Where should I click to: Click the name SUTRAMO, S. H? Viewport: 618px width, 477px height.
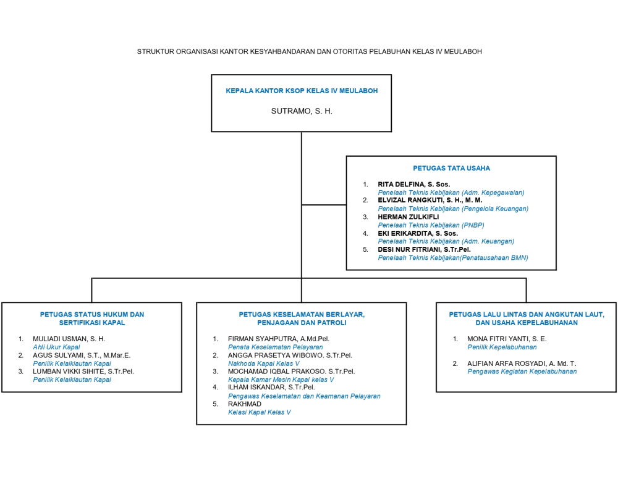tap(302, 111)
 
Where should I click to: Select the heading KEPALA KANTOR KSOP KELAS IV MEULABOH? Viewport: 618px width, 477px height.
tap(302, 91)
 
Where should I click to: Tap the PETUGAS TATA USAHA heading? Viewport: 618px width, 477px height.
tap(451, 168)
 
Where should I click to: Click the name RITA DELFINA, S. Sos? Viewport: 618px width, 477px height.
tap(414, 184)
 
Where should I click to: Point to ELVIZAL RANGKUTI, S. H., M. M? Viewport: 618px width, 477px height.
tap(430, 201)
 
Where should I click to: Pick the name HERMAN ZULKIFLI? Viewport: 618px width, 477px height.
tap(408, 217)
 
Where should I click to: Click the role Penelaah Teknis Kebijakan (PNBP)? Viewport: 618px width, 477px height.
tap(431, 225)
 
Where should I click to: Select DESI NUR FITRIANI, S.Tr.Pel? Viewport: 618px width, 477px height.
tap(424, 249)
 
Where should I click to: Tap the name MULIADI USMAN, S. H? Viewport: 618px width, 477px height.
tap(69, 339)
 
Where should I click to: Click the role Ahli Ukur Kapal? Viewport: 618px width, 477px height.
tap(56, 347)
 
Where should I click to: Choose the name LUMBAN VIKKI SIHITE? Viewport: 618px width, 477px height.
tap(69, 371)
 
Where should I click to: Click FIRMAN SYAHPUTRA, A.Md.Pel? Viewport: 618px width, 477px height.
tap(279, 339)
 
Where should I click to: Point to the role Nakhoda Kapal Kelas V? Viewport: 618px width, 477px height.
tap(264, 363)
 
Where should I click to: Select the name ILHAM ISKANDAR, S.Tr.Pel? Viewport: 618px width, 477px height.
tap(271, 388)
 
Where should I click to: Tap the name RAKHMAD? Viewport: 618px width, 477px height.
tap(245, 404)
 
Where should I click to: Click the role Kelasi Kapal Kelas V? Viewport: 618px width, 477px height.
tap(260, 412)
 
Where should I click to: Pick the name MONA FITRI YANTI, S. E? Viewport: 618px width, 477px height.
tap(507, 339)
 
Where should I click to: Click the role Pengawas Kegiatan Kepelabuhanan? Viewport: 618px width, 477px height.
tap(522, 371)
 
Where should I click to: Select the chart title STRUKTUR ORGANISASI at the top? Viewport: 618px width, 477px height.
tap(310, 52)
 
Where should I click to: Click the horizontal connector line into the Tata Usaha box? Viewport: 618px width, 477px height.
tap(324, 205)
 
